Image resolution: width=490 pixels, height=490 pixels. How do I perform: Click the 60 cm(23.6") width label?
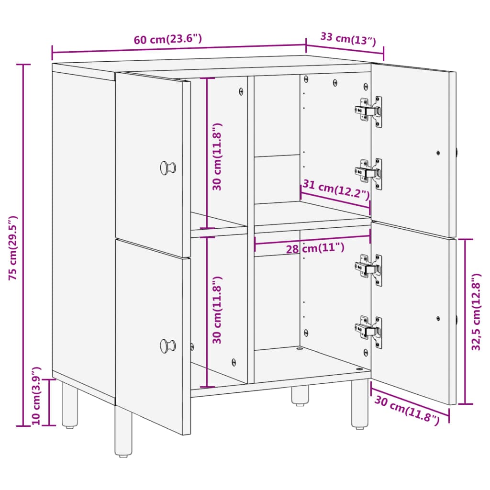(168, 39)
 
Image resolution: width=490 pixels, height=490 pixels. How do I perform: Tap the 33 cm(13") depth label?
(348, 39)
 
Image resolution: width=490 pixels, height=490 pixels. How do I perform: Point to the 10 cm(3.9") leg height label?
(36, 395)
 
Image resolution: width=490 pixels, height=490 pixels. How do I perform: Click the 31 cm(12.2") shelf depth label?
(336, 189)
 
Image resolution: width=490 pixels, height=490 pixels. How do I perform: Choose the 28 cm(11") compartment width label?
(315, 248)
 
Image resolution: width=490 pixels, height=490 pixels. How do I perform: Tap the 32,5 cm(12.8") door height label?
(476, 312)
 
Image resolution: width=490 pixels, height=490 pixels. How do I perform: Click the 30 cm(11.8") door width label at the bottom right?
(407, 410)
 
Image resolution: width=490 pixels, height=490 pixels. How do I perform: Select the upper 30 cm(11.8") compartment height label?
(217, 156)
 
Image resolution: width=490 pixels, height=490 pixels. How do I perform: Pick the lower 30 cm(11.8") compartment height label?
(217, 310)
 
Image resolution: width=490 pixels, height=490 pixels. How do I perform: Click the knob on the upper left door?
(168, 168)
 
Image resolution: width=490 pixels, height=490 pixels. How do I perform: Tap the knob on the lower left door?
(168, 346)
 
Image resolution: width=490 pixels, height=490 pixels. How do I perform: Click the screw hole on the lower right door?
(438, 318)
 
